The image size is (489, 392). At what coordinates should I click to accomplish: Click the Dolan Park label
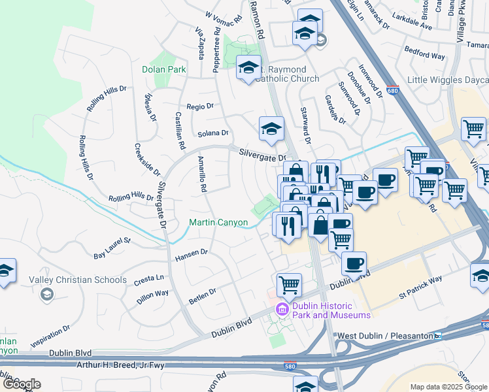164,69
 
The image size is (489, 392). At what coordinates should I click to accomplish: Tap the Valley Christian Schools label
78,280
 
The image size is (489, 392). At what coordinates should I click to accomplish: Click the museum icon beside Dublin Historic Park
282,308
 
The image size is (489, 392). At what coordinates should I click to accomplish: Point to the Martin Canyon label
218,223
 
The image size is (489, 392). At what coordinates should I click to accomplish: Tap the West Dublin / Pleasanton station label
384,336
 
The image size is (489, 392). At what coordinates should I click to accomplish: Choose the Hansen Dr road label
191,255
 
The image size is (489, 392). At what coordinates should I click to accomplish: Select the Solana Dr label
213,133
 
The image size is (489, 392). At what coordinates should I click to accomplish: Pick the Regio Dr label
200,106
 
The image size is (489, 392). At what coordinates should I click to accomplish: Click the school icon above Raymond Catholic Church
248,68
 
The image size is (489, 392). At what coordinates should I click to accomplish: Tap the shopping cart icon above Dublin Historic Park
289,284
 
